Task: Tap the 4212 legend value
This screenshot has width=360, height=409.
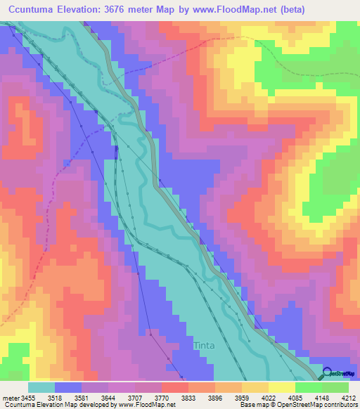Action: [349, 398]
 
